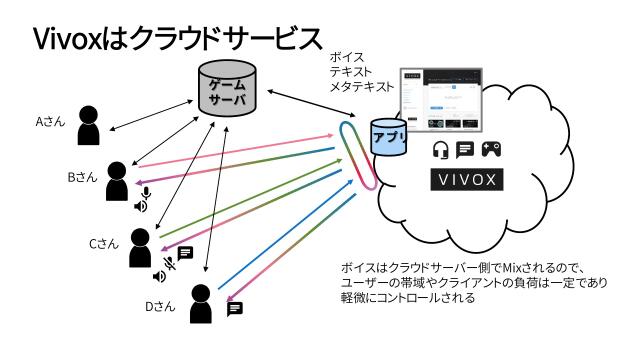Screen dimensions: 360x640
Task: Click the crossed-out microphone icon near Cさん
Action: pyautogui.click(x=171, y=263)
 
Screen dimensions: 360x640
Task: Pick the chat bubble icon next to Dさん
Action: pyautogui.click(x=235, y=308)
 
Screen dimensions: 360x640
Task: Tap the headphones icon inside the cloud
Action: pyautogui.click(x=439, y=150)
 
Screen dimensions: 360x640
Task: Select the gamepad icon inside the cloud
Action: pyautogui.click(x=493, y=150)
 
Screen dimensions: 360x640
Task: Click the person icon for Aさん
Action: pyautogui.click(x=90, y=124)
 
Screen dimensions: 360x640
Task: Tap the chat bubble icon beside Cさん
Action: pyautogui.click(x=185, y=252)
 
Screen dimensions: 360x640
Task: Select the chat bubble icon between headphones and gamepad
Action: pyautogui.click(x=465, y=150)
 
